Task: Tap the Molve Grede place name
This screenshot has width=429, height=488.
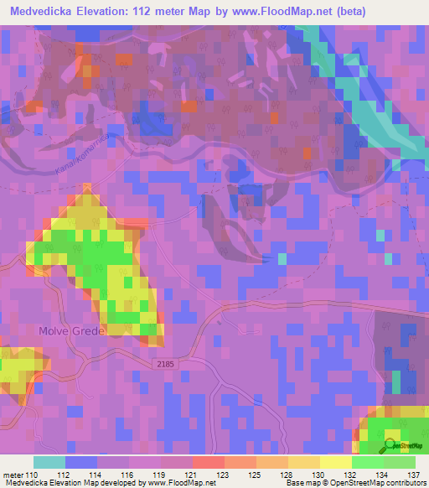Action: (x=71, y=330)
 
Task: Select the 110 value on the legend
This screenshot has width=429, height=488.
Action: (x=33, y=475)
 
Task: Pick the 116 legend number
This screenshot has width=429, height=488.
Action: (x=128, y=475)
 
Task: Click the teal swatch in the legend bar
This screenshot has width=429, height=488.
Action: (x=49, y=462)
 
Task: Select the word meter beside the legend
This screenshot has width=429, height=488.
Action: (x=13, y=475)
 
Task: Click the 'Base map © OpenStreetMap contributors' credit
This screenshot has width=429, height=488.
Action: (x=353, y=483)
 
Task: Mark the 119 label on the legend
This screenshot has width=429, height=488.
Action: (x=160, y=475)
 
